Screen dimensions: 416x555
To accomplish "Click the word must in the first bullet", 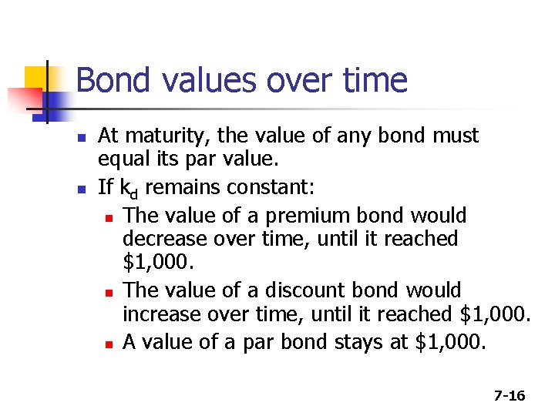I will tap(455, 136).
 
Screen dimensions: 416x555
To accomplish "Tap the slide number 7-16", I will tap(509, 396).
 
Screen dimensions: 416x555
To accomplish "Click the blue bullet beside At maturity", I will tap(80, 137).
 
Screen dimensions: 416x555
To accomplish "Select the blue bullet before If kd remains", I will tap(80, 188).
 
